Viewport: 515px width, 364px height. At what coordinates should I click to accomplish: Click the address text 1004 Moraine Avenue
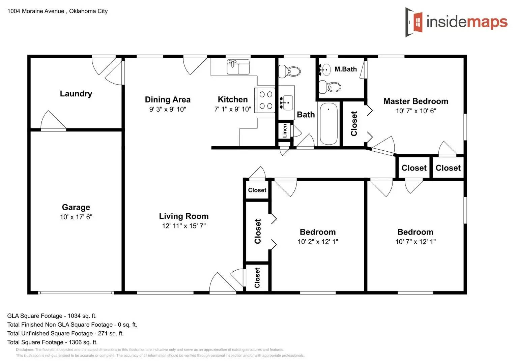(36, 11)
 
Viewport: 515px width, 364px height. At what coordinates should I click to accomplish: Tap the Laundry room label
(76, 94)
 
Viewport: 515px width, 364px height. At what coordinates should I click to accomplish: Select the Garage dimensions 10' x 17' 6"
(76, 217)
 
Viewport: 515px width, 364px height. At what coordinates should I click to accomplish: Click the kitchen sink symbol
(238, 67)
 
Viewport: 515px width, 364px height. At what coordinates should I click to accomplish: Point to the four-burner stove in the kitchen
(265, 100)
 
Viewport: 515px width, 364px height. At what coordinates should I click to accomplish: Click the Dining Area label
(168, 100)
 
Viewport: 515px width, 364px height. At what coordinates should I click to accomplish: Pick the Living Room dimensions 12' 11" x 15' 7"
(184, 226)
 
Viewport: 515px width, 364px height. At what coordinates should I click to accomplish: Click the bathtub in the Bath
(328, 124)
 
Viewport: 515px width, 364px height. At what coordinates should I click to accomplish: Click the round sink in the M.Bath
(326, 70)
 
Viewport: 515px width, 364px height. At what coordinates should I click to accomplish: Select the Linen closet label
(285, 131)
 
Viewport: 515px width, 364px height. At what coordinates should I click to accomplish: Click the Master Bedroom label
(416, 101)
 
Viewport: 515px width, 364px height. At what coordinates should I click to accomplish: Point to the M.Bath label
(345, 69)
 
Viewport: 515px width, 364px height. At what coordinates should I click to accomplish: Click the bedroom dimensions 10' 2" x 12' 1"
(318, 242)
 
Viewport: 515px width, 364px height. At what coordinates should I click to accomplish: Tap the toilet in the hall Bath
(290, 71)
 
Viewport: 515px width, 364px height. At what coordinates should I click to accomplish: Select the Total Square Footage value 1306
(75, 342)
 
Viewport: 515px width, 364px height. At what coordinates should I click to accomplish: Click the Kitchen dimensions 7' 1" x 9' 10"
(233, 109)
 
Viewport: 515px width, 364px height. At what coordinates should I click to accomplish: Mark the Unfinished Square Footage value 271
(103, 333)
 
